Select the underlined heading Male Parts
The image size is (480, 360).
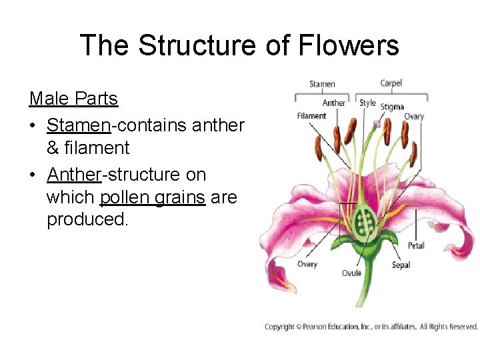point(73,99)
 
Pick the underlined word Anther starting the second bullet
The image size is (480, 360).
point(73,175)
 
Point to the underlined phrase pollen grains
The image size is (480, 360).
point(153,198)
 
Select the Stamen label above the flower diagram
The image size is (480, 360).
point(322,84)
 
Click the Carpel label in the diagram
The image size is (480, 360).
point(391,83)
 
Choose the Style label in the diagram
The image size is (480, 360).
point(367,103)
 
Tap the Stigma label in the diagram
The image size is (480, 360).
point(392,107)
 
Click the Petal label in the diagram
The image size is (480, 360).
point(416,245)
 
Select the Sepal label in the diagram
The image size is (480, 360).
point(401,265)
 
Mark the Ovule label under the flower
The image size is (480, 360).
point(351,273)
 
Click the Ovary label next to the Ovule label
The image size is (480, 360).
point(307,264)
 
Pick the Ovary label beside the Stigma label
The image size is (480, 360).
point(413,117)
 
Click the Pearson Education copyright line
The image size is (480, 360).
point(371,327)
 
